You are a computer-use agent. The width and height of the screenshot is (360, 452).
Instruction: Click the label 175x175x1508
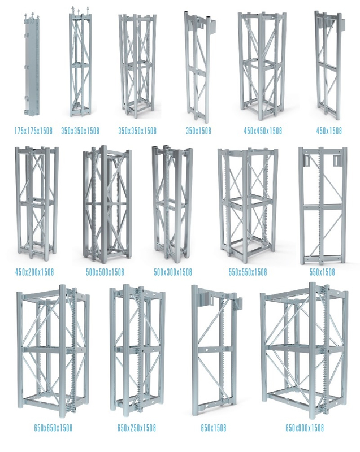[33, 131]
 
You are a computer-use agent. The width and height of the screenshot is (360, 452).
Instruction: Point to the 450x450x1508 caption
[263, 131]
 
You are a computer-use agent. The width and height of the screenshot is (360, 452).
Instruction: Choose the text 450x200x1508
[34, 272]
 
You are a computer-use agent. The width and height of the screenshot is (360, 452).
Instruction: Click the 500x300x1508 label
[173, 272]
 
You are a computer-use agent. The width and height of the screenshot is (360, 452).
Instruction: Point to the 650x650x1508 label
[53, 428]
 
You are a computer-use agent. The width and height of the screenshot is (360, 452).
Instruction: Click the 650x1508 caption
[213, 428]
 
